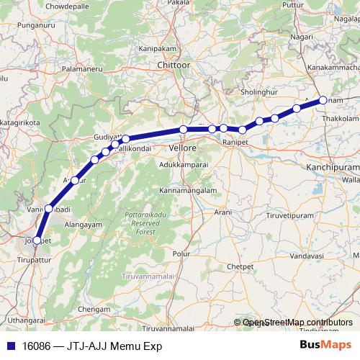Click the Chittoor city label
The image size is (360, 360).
(x=176, y=65)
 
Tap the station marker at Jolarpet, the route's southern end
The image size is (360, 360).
(x=37, y=240)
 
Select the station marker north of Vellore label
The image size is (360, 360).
(x=184, y=130)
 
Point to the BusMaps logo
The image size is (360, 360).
(x=326, y=345)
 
